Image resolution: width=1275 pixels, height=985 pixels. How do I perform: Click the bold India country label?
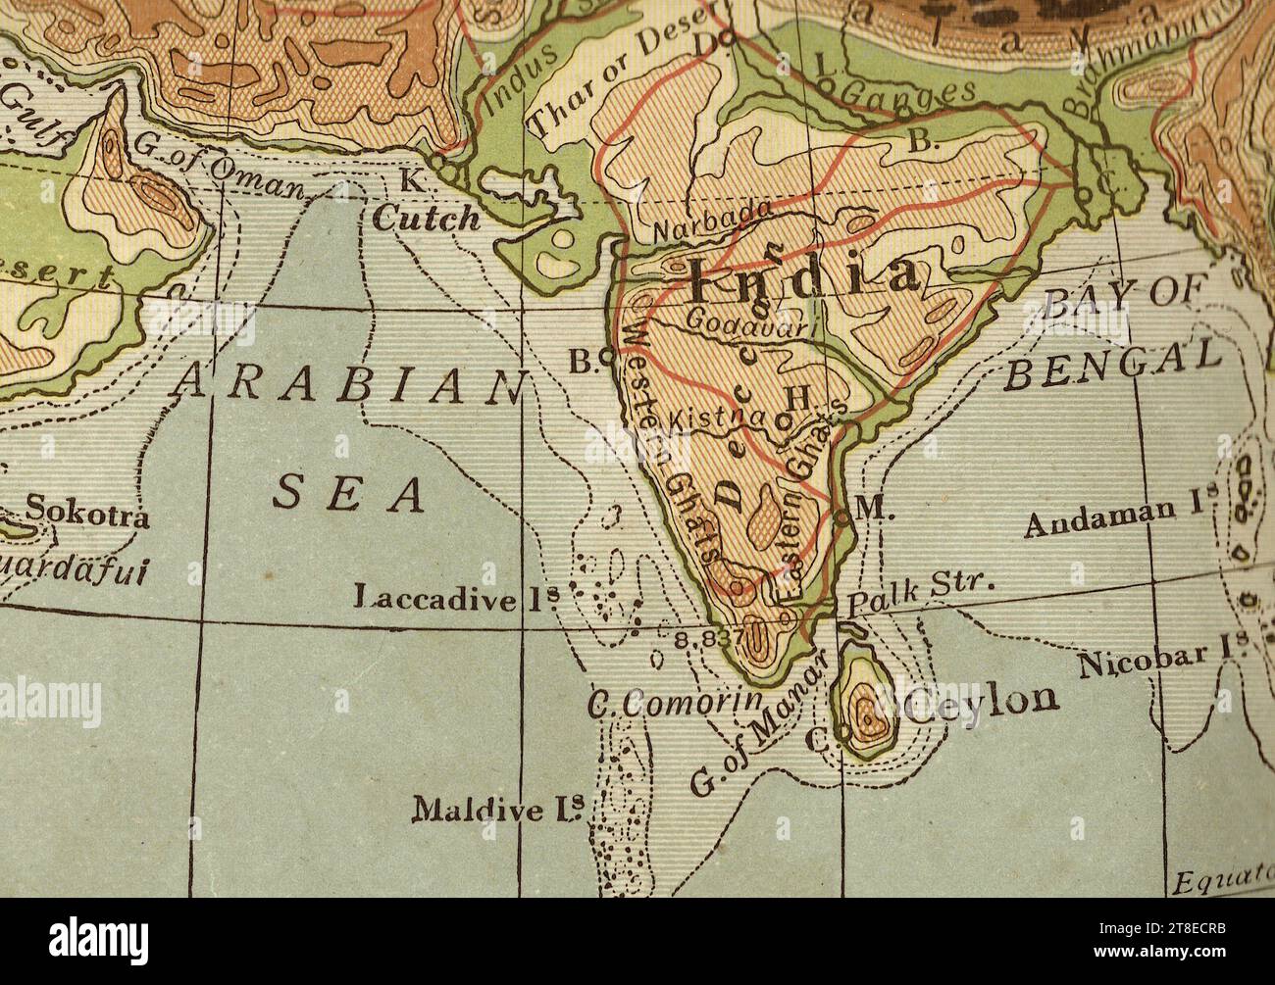pos(804,279)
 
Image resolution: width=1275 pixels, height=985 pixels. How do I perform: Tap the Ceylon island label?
pos(983,700)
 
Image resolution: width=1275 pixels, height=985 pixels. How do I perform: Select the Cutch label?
pos(427,218)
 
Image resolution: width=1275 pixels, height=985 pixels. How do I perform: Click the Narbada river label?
pos(712,223)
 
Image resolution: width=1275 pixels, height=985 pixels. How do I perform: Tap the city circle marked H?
pos(783,419)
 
